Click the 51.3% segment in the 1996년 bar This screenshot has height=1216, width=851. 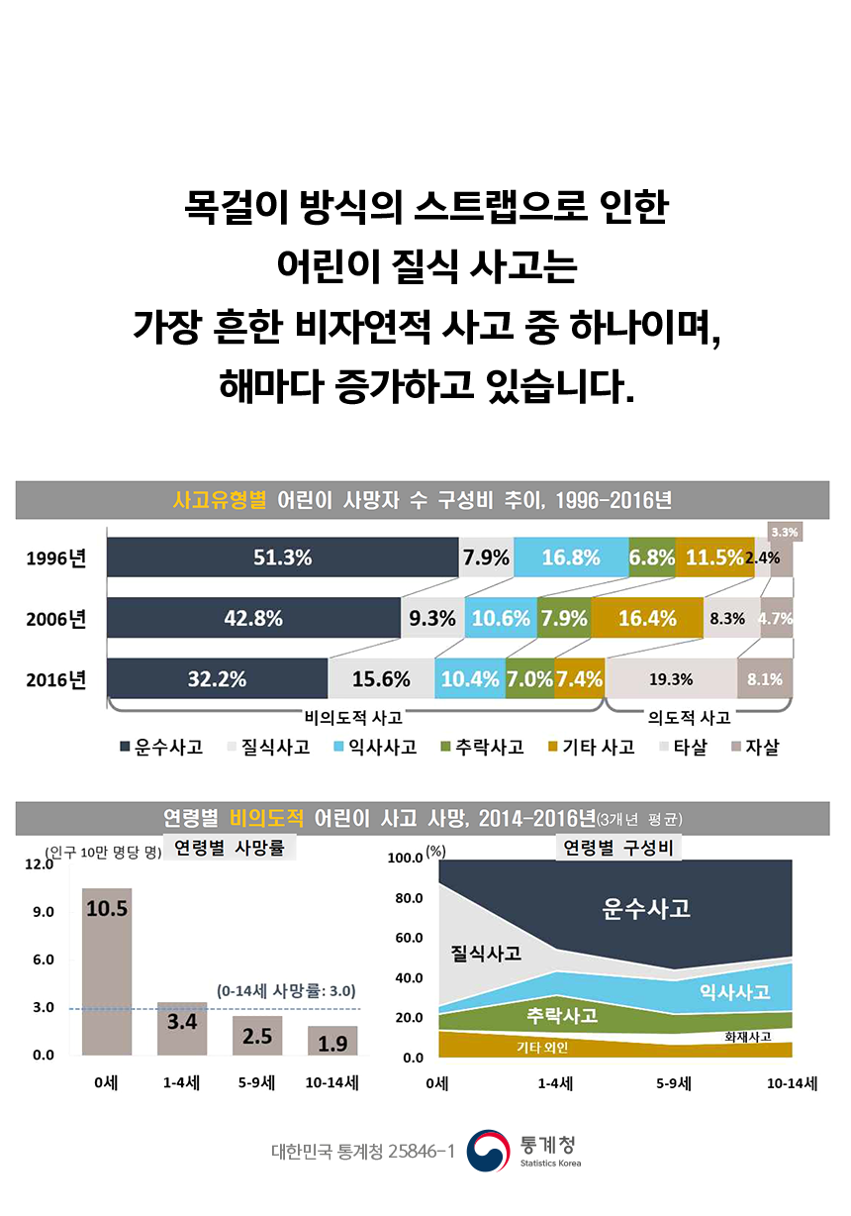(282, 557)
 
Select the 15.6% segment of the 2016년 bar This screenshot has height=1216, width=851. (381, 679)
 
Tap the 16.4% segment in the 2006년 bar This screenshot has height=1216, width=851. (647, 619)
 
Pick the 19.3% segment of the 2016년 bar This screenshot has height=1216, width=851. (671, 679)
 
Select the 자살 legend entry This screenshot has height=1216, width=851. (754, 748)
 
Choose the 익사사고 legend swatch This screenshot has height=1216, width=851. (339, 748)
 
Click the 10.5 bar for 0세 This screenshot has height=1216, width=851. (107, 970)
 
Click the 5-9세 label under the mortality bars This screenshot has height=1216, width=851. (256, 1083)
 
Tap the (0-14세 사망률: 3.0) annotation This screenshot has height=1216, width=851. (286, 989)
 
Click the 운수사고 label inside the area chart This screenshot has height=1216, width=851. (646, 907)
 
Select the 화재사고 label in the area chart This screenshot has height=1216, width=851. (748, 1037)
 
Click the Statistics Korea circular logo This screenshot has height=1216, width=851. (488, 1152)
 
